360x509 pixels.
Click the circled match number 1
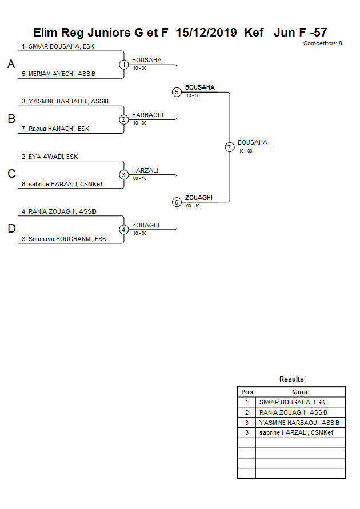(124, 65)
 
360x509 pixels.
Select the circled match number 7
(229, 147)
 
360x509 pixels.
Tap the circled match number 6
(177, 202)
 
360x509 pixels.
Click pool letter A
(11, 65)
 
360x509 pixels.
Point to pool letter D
(11, 229)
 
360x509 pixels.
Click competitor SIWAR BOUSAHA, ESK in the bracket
(58, 46)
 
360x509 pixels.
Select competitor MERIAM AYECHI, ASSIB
(58, 74)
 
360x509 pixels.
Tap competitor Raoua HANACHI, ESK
(55, 129)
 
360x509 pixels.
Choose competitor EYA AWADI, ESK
(50, 157)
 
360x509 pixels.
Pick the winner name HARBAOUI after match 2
(147, 115)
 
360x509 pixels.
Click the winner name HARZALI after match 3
(145, 170)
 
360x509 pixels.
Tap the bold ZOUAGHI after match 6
(199, 198)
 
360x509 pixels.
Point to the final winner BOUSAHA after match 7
(253, 142)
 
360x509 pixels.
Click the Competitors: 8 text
(322, 43)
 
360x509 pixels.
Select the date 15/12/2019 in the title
(206, 33)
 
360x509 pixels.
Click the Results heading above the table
(291, 379)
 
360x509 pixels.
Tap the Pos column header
(247, 392)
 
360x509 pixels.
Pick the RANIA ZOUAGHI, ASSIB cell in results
(293, 412)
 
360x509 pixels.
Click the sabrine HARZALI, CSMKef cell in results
(296, 432)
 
